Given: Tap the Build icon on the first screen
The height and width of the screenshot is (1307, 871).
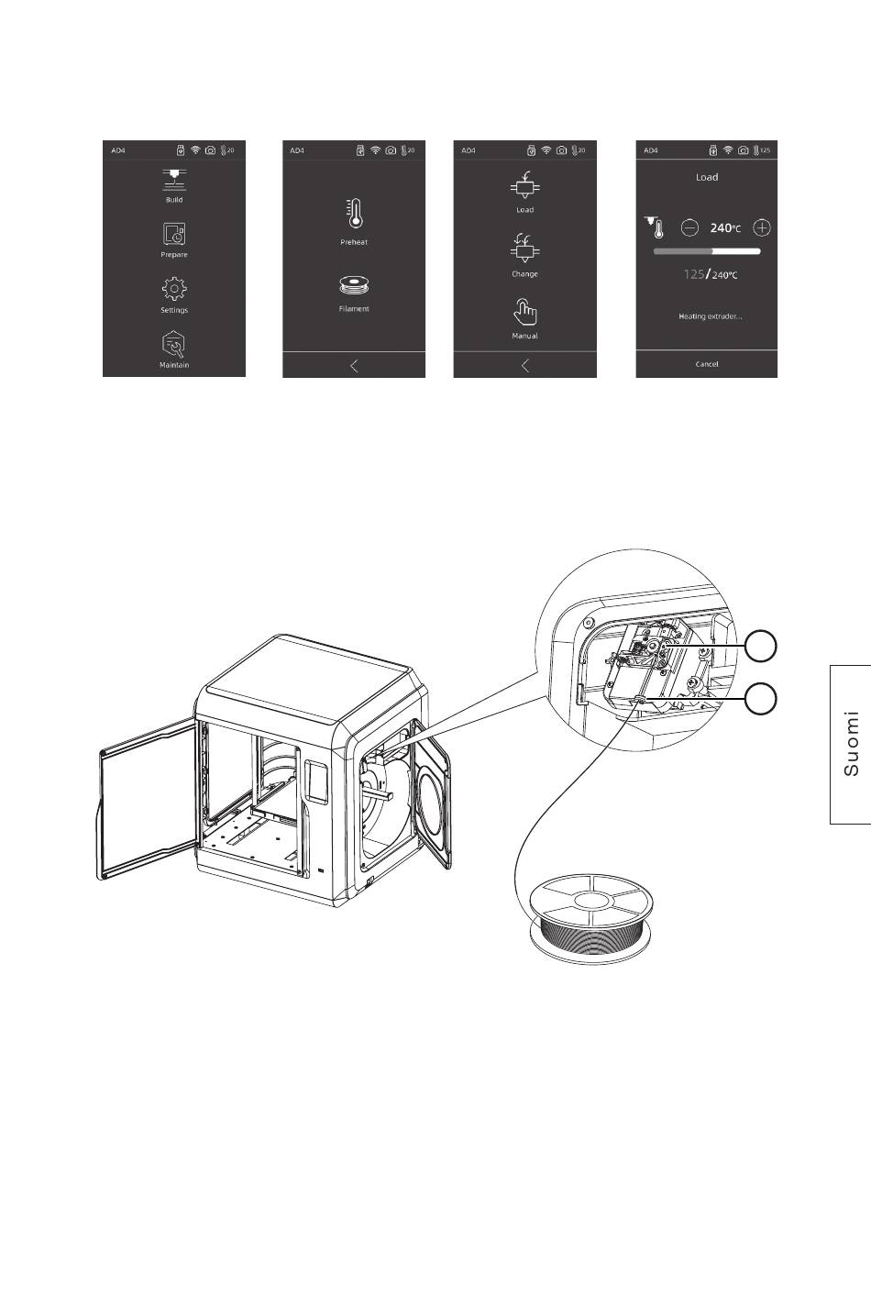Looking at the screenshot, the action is coord(174,180).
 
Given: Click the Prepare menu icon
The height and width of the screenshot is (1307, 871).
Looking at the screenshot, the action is coord(174,234).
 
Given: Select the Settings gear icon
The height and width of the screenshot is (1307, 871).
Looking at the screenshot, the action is coord(174,289).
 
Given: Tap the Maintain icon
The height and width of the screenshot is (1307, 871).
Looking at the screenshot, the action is coord(174,344).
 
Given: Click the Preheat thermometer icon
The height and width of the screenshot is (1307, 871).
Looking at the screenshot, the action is coord(354,214).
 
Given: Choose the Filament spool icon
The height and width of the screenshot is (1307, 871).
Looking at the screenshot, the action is coord(354,286).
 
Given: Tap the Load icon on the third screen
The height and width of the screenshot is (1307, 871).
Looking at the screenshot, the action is coord(525,185).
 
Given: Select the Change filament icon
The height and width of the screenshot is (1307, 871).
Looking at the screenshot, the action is coord(525,249).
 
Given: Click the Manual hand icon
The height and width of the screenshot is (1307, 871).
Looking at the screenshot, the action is coord(525,313).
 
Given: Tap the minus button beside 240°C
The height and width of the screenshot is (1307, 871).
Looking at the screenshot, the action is coord(689,227).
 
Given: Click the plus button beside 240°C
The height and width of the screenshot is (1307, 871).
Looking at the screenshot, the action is coord(762,227).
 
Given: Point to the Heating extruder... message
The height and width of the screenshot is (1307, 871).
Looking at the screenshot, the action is coord(710,316).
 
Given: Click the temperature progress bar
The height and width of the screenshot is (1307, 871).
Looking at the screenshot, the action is coord(707,251).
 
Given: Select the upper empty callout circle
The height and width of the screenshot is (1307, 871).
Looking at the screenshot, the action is coord(761,647).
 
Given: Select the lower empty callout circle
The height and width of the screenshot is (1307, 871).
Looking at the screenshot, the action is coord(761,699).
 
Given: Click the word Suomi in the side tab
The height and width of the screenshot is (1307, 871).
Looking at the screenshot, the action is coord(852,743).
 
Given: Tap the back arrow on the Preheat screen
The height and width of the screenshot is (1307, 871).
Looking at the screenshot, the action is coord(354,366).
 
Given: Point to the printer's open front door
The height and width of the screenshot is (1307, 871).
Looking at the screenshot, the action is coord(147,800).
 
